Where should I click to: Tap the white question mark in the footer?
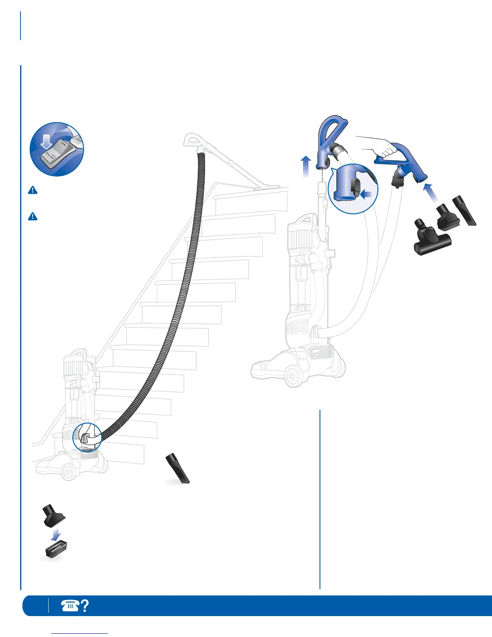[85, 606]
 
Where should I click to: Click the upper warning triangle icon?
[33, 190]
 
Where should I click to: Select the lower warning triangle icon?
[33, 216]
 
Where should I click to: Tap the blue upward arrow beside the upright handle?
[306, 166]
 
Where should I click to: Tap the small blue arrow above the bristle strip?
[57, 534]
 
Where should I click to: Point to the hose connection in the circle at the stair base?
[87, 438]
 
